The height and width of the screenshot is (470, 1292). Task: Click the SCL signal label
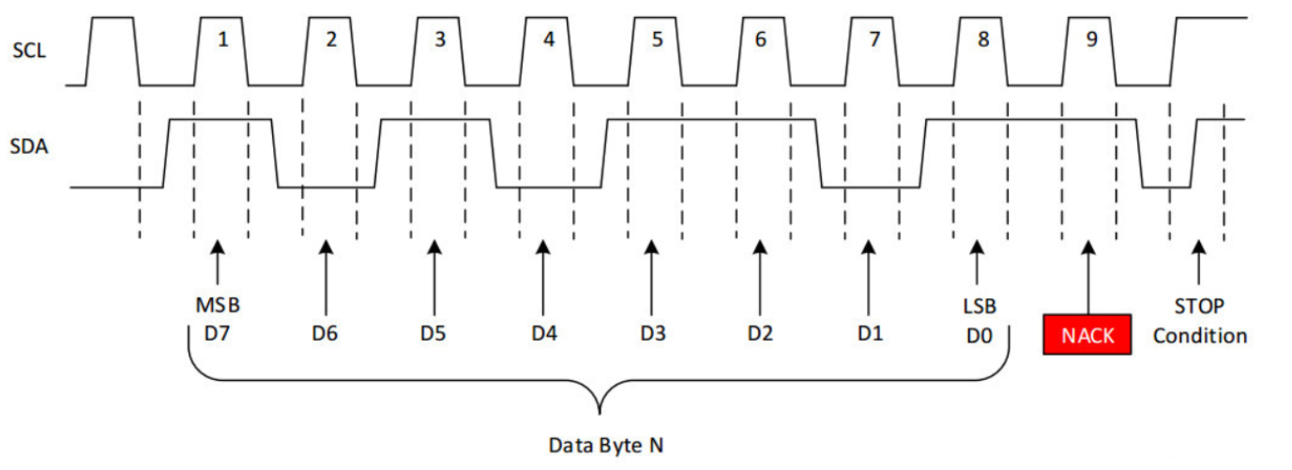[29, 50]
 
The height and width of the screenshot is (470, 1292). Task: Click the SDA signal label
[29, 147]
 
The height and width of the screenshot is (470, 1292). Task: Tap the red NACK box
[1087, 335]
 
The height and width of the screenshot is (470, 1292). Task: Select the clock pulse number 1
[222, 41]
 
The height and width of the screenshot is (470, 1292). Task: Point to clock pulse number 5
[657, 41]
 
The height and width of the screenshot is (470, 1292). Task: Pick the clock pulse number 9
[1091, 41]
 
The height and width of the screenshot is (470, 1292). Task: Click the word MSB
[217, 307]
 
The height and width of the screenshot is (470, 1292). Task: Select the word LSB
[978, 307]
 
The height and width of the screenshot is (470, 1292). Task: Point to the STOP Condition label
[1199, 321]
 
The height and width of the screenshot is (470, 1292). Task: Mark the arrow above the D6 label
[326, 277]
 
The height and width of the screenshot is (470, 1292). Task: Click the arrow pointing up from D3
[651, 277]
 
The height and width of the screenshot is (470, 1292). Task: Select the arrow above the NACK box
[1087, 277]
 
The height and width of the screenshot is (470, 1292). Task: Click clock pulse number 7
[874, 41]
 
